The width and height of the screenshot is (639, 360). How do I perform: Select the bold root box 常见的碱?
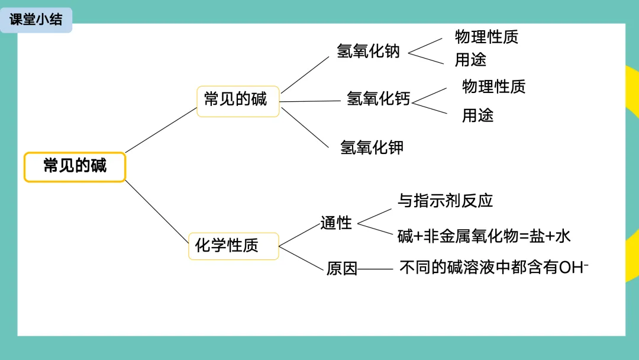(75, 166)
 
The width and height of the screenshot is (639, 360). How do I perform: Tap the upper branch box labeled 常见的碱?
(237, 101)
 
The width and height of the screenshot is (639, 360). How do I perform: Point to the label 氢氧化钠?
(368, 52)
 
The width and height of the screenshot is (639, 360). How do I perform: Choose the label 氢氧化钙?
(378, 99)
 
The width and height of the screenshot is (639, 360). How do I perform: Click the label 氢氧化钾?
(372, 147)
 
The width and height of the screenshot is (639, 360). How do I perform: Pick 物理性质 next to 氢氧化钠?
(486, 37)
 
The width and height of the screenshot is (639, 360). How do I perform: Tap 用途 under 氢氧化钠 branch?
(470, 60)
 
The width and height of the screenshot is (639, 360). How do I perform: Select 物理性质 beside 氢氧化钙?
(493, 86)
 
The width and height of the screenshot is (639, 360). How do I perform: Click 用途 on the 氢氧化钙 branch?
(477, 115)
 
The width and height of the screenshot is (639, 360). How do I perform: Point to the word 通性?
(336, 223)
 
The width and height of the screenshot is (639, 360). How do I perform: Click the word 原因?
(342, 269)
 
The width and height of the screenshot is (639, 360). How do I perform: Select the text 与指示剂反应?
(445, 201)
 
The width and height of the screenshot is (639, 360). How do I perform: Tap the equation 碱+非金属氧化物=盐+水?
(484, 236)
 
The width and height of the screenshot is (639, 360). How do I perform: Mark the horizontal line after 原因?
(375, 269)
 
